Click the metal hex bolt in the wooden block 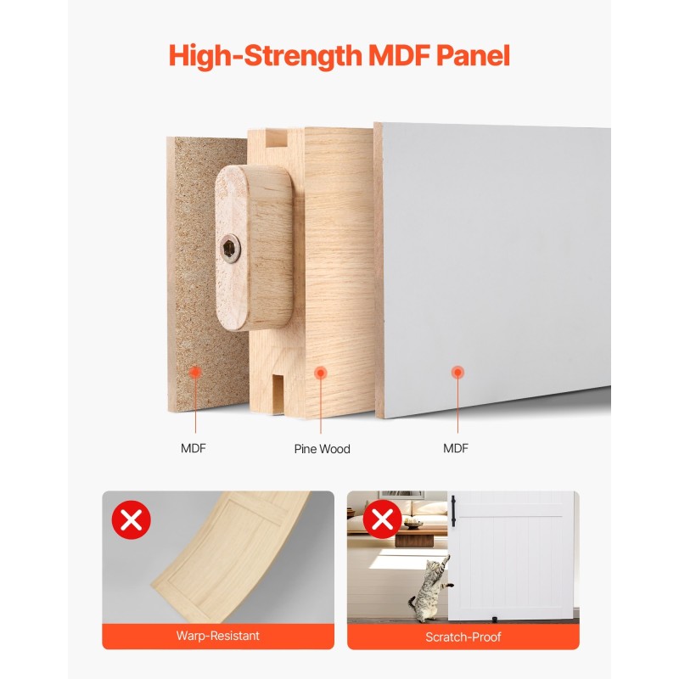point(229,248)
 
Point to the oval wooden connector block point(253,247)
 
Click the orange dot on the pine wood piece point(320,372)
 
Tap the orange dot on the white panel point(457,372)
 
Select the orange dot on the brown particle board point(195,372)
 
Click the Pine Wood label point(322,449)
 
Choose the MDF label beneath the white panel point(456,449)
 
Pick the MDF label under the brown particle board point(193,449)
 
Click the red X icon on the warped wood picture point(131,519)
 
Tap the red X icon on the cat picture point(382,519)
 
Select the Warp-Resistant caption point(218,636)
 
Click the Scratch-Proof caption point(463,636)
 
